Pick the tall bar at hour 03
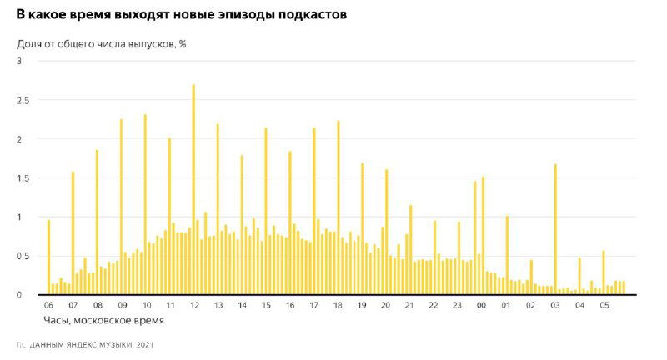pyautogui.click(x=554, y=229)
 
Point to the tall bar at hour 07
pyautogui.click(x=73, y=233)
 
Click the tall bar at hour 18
pyautogui.click(x=339, y=207)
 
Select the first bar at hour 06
pyautogui.click(x=48, y=257)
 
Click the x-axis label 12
pyautogui.click(x=194, y=306)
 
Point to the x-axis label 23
pyautogui.click(x=457, y=306)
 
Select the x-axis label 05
pyautogui.click(x=604, y=306)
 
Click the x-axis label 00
pyautogui.click(x=482, y=306)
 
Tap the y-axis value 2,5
pyautogui.click(x=24, y=100)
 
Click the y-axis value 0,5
pyautogui.click(x=24, y=256)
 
